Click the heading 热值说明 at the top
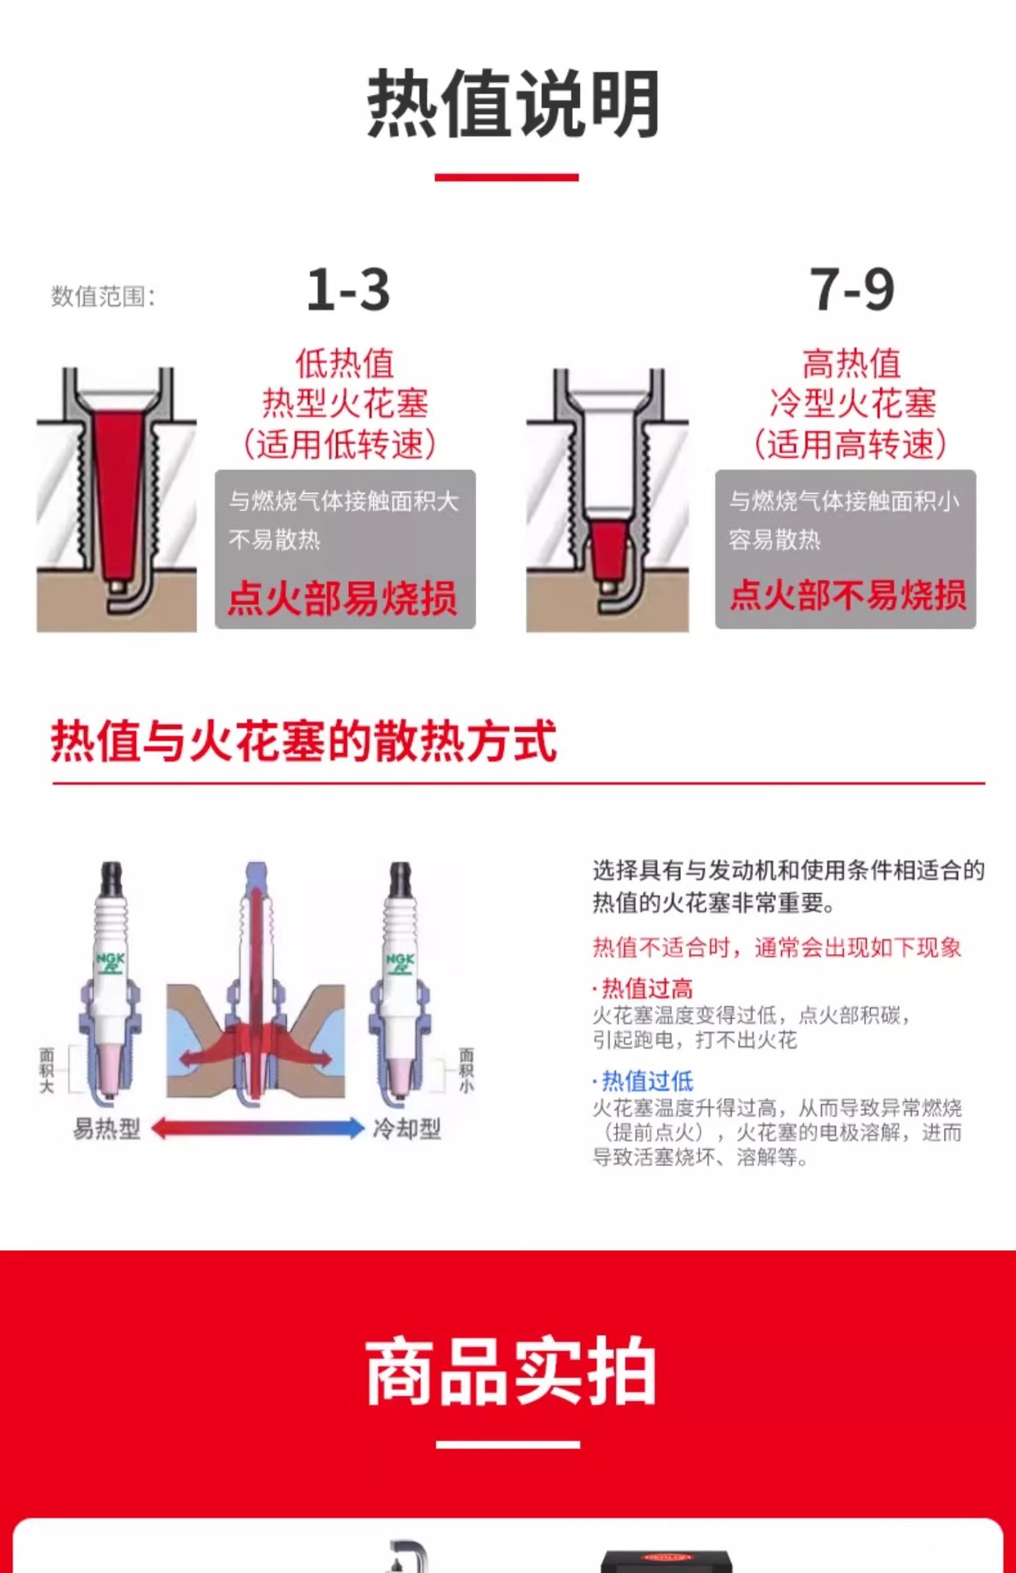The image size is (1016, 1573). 513,104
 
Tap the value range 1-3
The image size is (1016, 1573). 348,290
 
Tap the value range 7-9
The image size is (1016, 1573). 852,290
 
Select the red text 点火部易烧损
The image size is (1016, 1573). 342,597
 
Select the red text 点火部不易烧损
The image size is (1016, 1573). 848,594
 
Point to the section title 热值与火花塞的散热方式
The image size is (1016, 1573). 304,741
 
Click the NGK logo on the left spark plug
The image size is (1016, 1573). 111,963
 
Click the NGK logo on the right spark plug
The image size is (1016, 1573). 400,963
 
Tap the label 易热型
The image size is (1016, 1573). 107,1129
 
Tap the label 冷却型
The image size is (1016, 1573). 406,1129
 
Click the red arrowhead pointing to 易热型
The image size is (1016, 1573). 161,1128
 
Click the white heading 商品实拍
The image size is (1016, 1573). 510,1371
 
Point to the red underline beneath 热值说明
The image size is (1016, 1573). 506,177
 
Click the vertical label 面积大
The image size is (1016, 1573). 47,1069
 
